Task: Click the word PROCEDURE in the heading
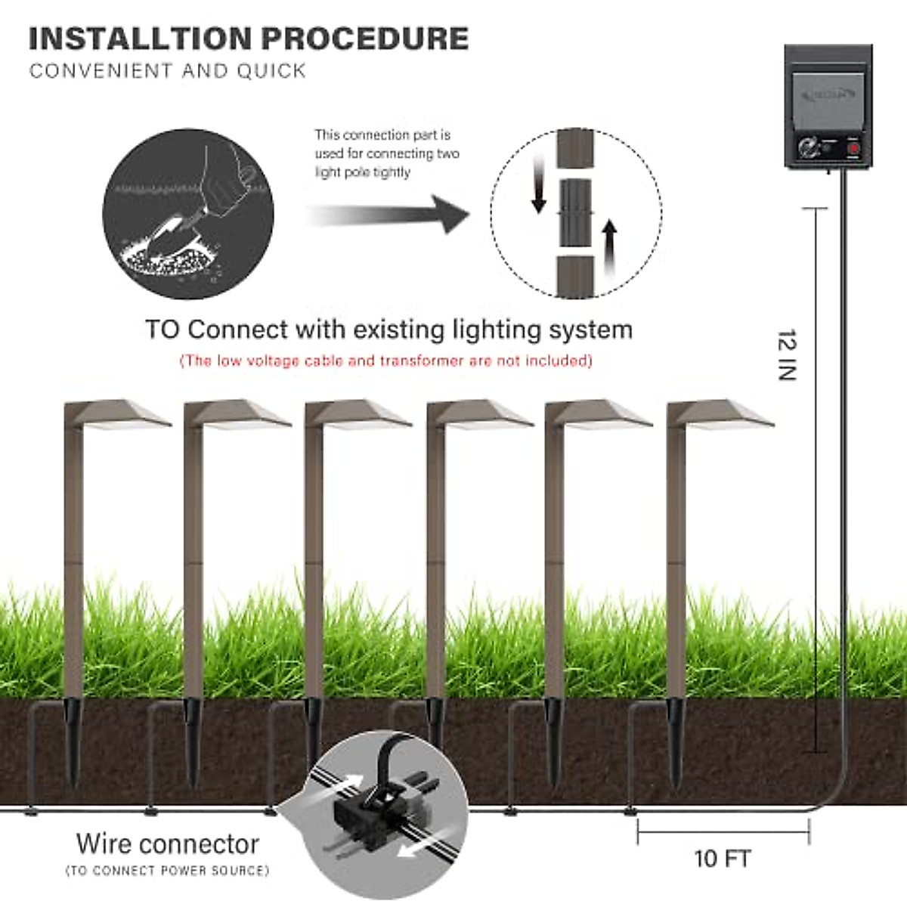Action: pos(365,39)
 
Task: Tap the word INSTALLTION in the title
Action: pos(141,39)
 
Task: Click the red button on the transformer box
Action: pos(853,149)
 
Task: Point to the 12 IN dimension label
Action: pos(787,354)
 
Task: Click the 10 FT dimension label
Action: pos(723,859)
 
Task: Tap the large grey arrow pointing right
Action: pos(388,215)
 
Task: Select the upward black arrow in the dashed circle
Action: pos(610,248)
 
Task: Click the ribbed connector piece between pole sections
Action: pos(576,212)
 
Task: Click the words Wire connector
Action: pos(168,844)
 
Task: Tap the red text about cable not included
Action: pos(386,361)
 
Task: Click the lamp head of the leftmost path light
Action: pos(118,415)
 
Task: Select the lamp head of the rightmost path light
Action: pos(720,415)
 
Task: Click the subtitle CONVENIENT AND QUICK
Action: pos(168,71)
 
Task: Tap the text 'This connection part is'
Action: pos(382,135)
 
